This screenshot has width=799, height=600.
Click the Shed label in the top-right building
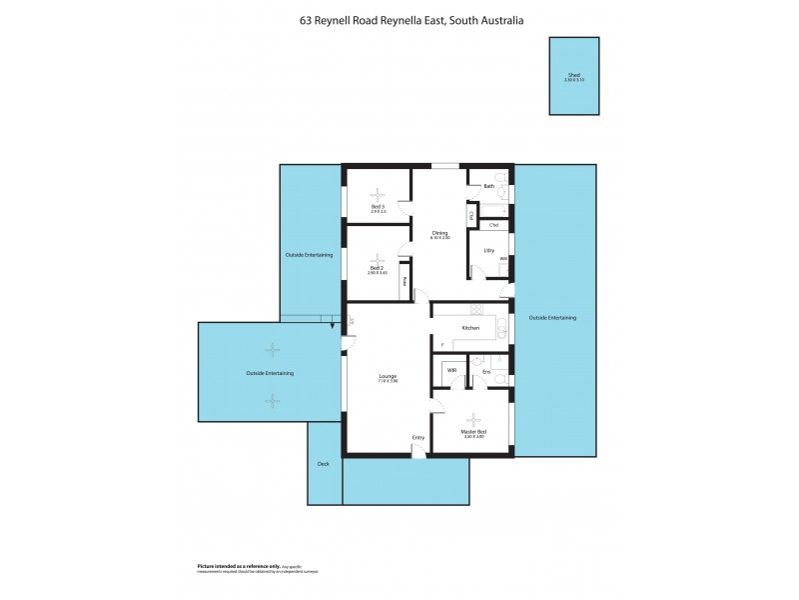click(574, 75)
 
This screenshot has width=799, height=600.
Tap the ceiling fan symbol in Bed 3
click(378, 196)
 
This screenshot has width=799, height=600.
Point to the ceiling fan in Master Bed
click(473, 420)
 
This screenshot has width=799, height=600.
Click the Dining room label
click(439, 233)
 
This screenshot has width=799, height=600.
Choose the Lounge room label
click(389, 377)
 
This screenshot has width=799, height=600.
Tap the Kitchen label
click(470, 328)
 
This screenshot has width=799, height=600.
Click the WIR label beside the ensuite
click(451, 371)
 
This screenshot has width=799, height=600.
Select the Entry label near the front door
click(418, 438)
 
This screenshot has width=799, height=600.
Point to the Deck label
click(323, 464)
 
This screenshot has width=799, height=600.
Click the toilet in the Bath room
click(504, 188)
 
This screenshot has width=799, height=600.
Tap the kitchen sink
click(502, 328)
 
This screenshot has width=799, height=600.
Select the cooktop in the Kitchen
click(476, 310)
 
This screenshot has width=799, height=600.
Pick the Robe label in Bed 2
click(404, 281)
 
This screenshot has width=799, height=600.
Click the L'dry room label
click(489, 250)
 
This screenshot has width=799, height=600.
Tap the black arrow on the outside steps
click(331, 321)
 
